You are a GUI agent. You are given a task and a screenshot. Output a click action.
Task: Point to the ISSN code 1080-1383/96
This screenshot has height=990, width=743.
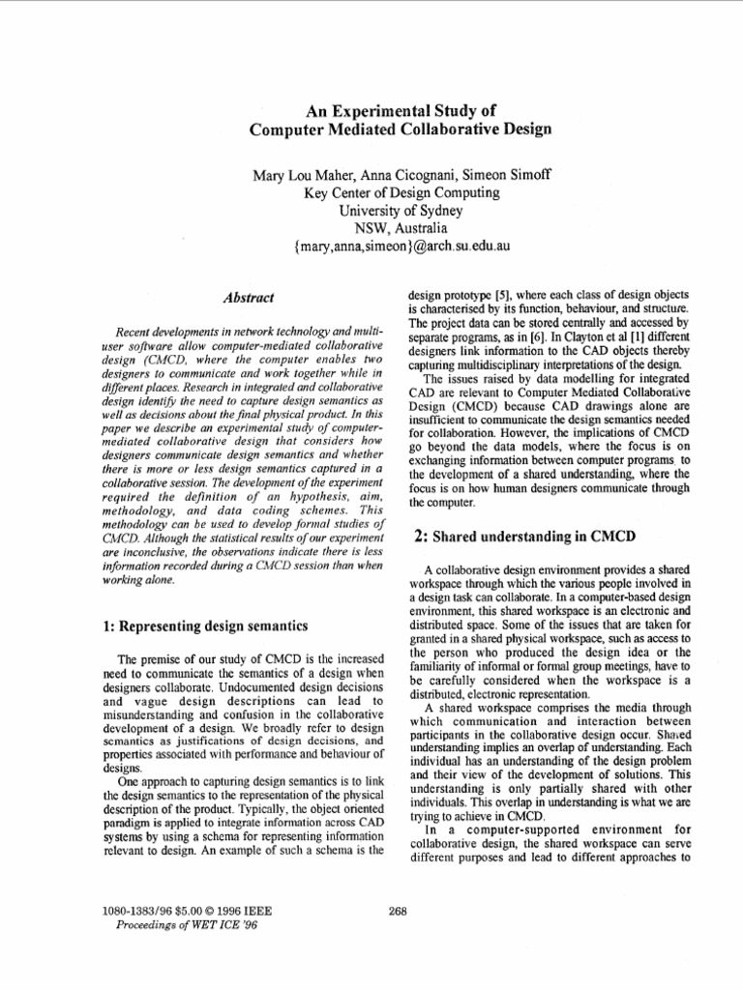click(x=134, y=910)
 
